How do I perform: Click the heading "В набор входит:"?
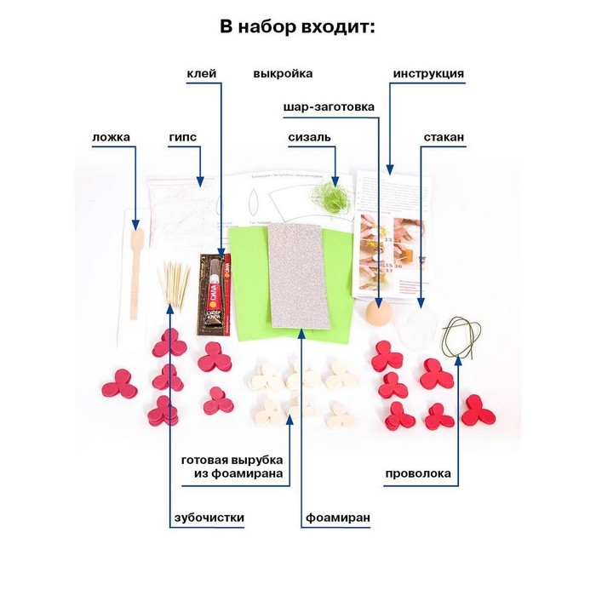click(x=297, y=26)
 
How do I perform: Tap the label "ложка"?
click(x=111, y=135)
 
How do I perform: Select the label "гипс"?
click(x=183, y=135)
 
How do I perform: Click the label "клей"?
click(x=203, y=73)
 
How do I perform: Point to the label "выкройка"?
click(x=283, y=73)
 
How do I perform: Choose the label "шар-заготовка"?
click(x=328, y=107)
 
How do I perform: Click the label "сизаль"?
click(x=309, y=135)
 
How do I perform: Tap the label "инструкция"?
click(x=428, y=73)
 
